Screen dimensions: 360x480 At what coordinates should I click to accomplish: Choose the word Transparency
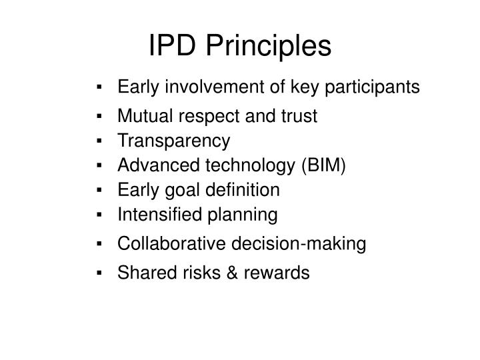[x=173, y=141]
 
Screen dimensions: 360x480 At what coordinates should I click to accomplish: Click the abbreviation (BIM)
[x=323, y=165]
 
